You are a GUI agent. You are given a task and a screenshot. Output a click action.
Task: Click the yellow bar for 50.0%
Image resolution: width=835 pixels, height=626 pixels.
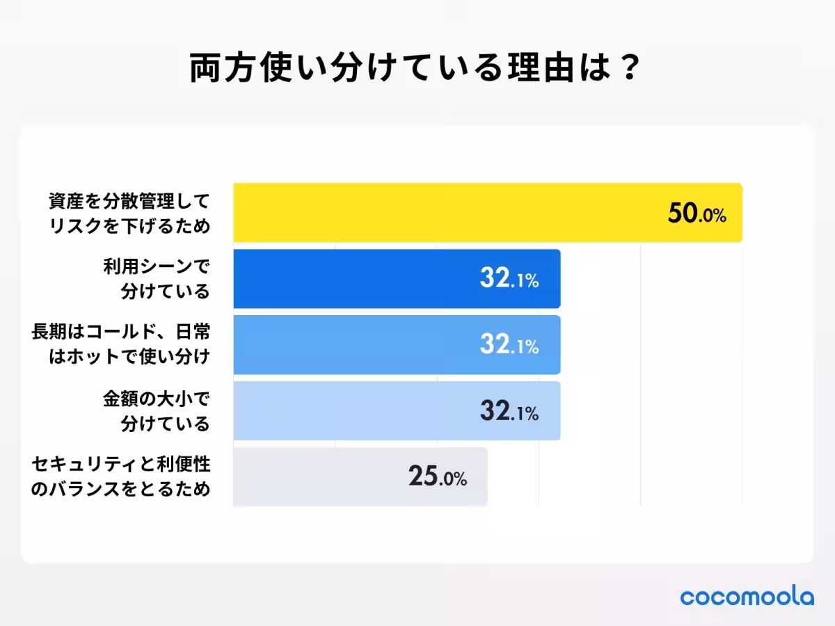tap(445, 213)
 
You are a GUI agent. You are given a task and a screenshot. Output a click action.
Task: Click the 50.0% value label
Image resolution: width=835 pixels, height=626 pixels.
tap(697, 214)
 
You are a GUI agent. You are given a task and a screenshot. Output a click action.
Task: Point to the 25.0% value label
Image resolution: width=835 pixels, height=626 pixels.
tap(437, 477)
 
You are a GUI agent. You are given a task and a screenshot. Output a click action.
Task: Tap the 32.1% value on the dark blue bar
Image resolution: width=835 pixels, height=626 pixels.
tap(509, 280)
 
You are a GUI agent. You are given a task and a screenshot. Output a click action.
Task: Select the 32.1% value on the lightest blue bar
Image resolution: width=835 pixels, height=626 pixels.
tap(509, 412)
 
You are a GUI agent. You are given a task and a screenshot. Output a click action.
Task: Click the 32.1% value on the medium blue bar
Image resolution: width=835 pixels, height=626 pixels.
tap(509, 346)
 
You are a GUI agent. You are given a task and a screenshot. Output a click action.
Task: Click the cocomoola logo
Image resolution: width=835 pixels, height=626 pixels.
tap(747, 597)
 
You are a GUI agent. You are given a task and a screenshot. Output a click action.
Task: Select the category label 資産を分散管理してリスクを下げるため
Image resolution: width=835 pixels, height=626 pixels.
tap(129, 214)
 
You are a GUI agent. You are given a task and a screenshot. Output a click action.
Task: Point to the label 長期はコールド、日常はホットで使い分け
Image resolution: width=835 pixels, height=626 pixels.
tap(120, 345)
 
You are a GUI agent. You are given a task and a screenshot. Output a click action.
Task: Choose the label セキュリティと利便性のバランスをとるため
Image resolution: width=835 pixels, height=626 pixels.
tap(120, 477)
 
